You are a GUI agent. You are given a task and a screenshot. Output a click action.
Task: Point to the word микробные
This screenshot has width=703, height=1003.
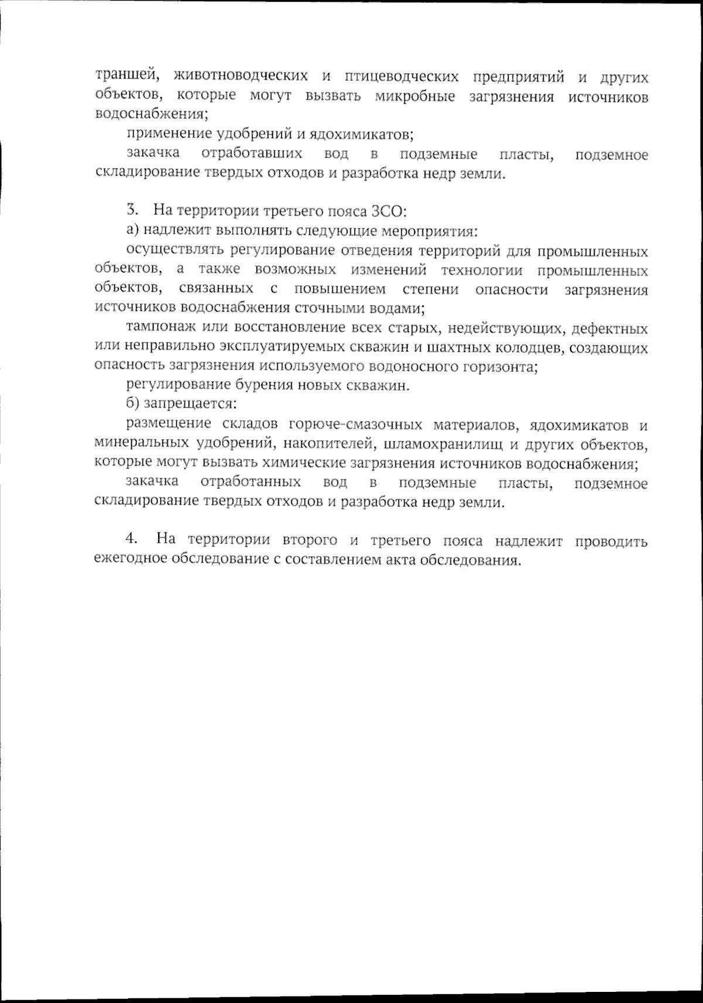click(x=415, y=97)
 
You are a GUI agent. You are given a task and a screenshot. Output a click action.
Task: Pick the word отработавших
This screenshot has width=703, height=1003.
click(x=251, y=155)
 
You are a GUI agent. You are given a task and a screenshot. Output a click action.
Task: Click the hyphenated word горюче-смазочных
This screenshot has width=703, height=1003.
click(x=355, y=424)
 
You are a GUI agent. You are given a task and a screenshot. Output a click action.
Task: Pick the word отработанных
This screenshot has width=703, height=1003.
click(x=251, y=482)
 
